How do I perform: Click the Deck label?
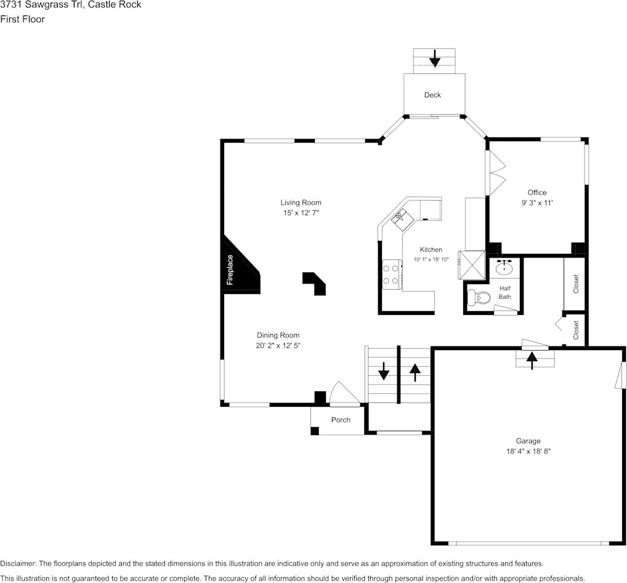pos(432,95)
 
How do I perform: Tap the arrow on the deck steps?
pos(435,58)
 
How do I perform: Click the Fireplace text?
pos(230,269)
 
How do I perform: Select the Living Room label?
pos(301,202)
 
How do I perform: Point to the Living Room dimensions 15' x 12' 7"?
pos(301,213)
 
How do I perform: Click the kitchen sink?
pos(400,216)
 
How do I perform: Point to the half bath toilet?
pos(478,298)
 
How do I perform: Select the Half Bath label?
pos(505,293)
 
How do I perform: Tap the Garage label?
pos(528,441)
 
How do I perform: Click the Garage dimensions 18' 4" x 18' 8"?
pos(528,451)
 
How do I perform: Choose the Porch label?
pos(341,420)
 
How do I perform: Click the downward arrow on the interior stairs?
pos(383,371)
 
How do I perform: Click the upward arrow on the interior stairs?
pos(415,371)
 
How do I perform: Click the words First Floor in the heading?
pos(22,19)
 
